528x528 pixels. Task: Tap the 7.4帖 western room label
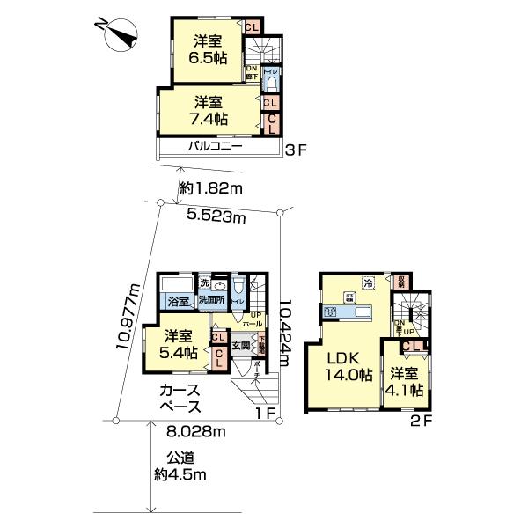point(209,110)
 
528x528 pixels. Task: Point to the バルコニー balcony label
point(214,147)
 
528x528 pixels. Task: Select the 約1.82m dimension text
point(210,187)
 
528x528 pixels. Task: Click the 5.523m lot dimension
point(215,216)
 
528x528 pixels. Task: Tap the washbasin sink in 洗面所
point(217,285)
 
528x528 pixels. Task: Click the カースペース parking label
point(180,399)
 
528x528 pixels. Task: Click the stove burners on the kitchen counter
point(333,311)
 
